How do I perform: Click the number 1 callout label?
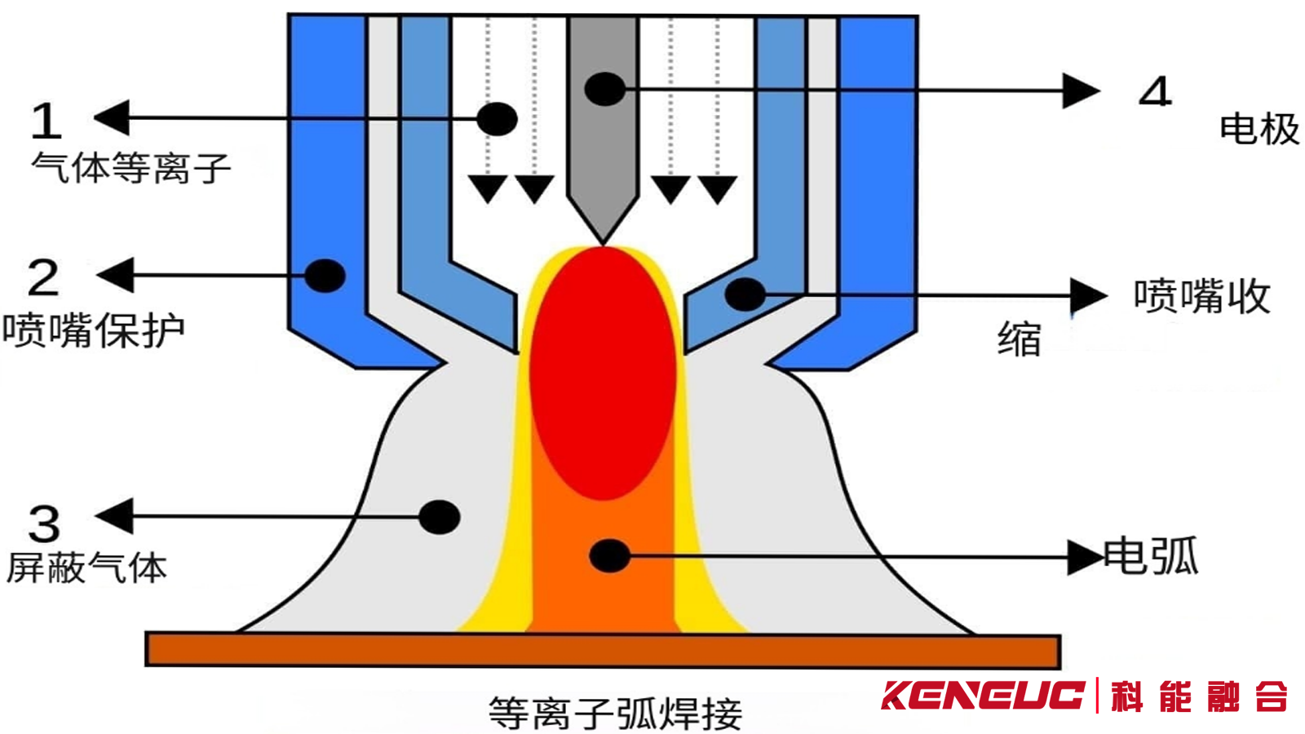46,121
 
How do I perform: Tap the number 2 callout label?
43,278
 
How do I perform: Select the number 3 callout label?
44,523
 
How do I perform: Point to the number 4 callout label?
1155,91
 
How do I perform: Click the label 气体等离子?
131,168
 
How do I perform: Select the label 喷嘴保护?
94,330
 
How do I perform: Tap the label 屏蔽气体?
87,568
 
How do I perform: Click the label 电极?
1259,130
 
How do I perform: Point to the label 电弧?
1151,557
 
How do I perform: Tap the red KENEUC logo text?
982,696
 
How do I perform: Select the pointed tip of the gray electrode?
603,238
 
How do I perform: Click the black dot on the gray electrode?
604,89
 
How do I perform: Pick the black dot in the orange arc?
608,555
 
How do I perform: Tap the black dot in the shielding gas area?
440,517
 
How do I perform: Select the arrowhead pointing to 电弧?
1085,558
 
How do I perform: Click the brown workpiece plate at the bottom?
603,650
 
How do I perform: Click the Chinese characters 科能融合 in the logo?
1198,696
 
